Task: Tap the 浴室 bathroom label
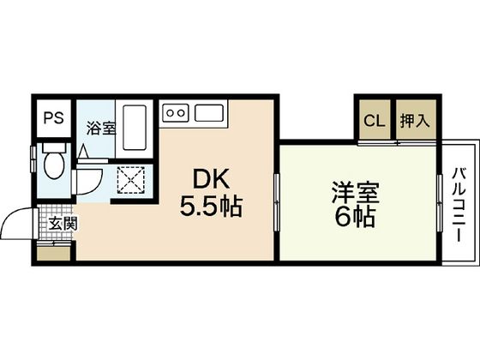(x=101, y=129)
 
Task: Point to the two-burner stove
(x=176, y=111)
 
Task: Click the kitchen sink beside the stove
(x=209, y=111)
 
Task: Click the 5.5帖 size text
(x=209, y=207)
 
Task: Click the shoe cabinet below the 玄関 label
(x=57, y=252)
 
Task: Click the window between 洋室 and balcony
(x=439, y=201)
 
